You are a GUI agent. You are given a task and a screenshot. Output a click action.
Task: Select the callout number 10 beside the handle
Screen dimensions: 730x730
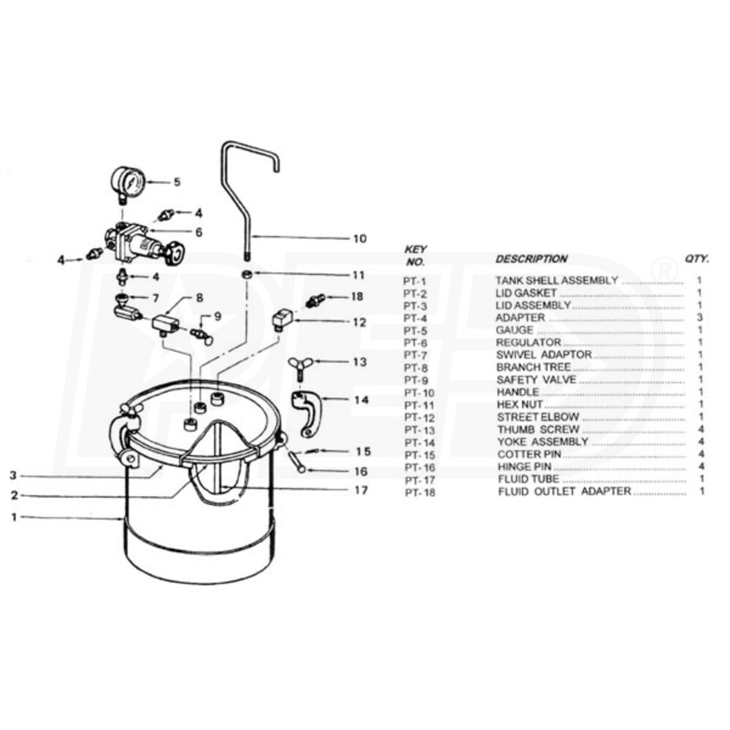point(359,238)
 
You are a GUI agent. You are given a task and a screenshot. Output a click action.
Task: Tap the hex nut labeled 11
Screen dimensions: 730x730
point(249,274)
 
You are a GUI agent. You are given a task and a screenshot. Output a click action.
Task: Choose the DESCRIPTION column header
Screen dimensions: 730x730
point(531,258)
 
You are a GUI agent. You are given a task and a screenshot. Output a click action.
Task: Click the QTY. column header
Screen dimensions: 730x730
point(696,258)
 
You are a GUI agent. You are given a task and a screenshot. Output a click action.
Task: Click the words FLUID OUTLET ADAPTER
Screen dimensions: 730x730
point(565,492)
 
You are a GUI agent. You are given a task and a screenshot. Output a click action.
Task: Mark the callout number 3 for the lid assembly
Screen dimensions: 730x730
point(13,475)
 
